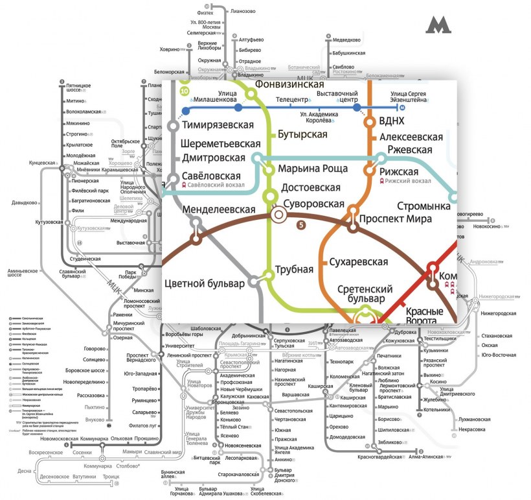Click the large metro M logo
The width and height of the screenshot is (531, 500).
point(438,25)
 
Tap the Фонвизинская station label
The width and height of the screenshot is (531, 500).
point(289,84)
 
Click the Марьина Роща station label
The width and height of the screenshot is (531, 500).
point(313,169)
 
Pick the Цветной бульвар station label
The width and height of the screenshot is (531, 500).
point(205,283)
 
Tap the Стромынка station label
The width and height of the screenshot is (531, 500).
point(424,206)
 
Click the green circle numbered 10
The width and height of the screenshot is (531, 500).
point(185,91)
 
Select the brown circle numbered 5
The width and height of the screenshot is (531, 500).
point(300,225)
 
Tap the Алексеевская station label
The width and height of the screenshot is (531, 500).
point(411,137)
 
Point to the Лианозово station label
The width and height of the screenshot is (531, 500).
point(243,11)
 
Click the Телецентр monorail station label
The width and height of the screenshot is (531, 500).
point(291,100)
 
